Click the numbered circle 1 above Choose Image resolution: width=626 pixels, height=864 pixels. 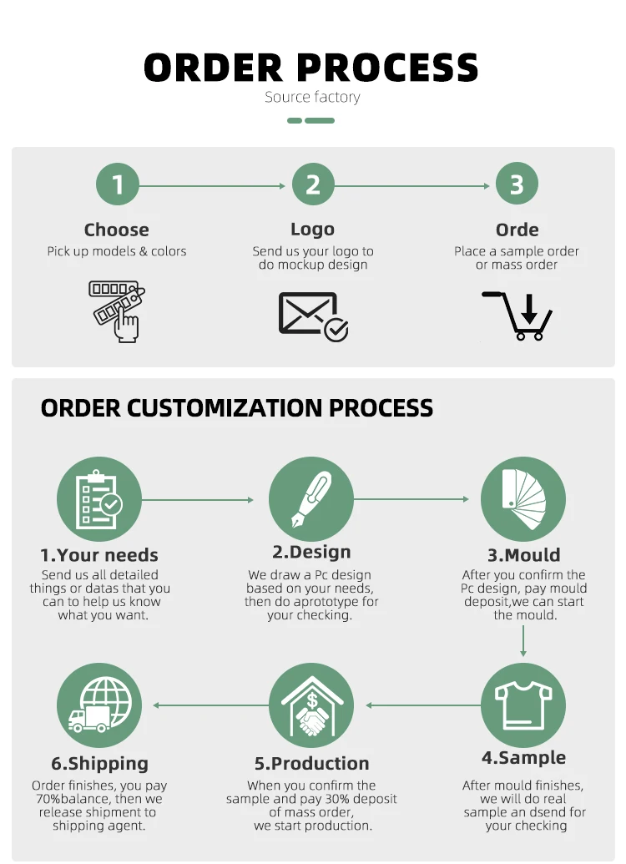point(117,184)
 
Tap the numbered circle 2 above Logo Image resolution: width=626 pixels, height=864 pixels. point(313,184)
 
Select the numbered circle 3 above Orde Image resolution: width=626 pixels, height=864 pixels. point(517,184)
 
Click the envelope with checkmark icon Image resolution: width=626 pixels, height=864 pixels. point(313,316)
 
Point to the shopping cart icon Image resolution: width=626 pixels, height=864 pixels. point(518,316)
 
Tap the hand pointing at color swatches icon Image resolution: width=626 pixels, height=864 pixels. point(117,311)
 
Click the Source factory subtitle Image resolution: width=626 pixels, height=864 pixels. point(312,97)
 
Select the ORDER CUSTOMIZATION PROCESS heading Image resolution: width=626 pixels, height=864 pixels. point(237,408)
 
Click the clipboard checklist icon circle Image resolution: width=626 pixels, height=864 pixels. point(99,499)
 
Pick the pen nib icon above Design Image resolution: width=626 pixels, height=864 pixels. point(311,499)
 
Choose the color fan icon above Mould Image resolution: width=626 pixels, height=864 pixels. point(523,499)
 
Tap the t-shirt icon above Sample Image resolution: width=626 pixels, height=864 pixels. point(523,705)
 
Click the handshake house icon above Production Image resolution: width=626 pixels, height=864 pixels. point(311,705)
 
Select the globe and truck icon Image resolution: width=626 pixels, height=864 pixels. point(99,705)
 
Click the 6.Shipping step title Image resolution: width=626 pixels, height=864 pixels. point(99,763)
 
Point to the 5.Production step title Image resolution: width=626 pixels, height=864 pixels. point(311,763)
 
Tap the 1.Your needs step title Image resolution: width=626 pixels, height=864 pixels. point(99,555)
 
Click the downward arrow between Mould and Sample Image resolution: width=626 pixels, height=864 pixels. point(523,640)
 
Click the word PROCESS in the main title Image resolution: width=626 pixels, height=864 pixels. point(388,67)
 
